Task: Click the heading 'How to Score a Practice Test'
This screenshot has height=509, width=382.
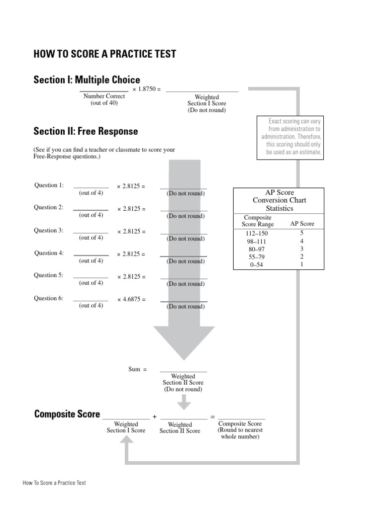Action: pos(104,54)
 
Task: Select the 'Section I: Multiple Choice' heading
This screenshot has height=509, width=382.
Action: pos(87,80)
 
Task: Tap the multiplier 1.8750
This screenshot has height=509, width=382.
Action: pos(147,89)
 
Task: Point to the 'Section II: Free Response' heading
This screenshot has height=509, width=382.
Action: pos(86,132)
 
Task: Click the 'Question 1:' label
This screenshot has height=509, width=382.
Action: pos(49,185)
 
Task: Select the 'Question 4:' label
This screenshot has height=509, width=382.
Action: pos(49,253)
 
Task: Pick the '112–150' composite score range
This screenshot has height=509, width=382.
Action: pos(257,233)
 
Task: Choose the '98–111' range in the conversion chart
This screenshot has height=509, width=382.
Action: pos(257,241)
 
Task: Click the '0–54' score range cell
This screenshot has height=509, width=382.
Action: pos(257,264)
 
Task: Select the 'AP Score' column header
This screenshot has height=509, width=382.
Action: pos(302,224)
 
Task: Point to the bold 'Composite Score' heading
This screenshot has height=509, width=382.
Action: pos(67,415)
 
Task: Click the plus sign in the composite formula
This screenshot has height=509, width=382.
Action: pos(155,417)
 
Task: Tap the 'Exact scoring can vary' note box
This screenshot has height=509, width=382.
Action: pos(290,138)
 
